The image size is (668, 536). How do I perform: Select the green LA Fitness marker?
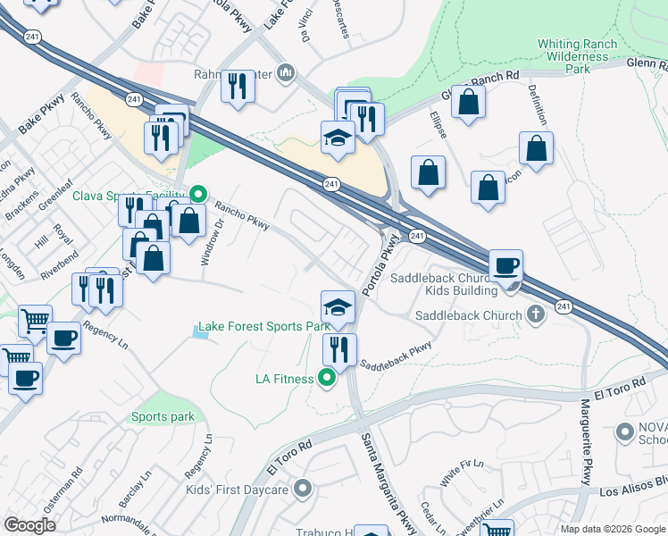coord(327,379)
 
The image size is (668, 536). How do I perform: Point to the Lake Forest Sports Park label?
coord(264,327)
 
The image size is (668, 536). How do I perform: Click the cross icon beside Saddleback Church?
coord(535,314)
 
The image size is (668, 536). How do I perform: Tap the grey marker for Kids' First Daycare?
coord(303,489)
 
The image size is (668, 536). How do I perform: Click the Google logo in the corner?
coord(30,525)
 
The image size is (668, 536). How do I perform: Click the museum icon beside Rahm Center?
coord(286,71)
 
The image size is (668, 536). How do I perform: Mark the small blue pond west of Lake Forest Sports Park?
coord(197,333)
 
